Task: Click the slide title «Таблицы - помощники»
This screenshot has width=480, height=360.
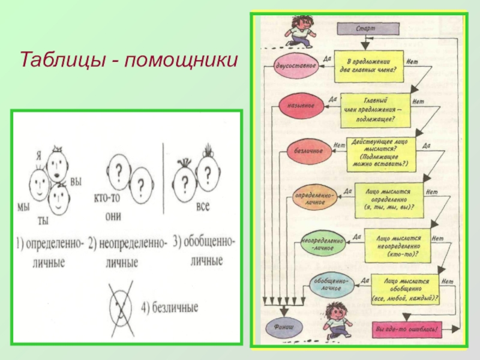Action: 129,60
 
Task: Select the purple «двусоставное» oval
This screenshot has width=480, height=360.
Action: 296,65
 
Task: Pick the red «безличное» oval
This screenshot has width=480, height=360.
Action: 308,151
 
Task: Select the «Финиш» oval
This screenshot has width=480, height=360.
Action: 285,328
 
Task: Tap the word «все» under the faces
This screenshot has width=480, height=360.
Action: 203,207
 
